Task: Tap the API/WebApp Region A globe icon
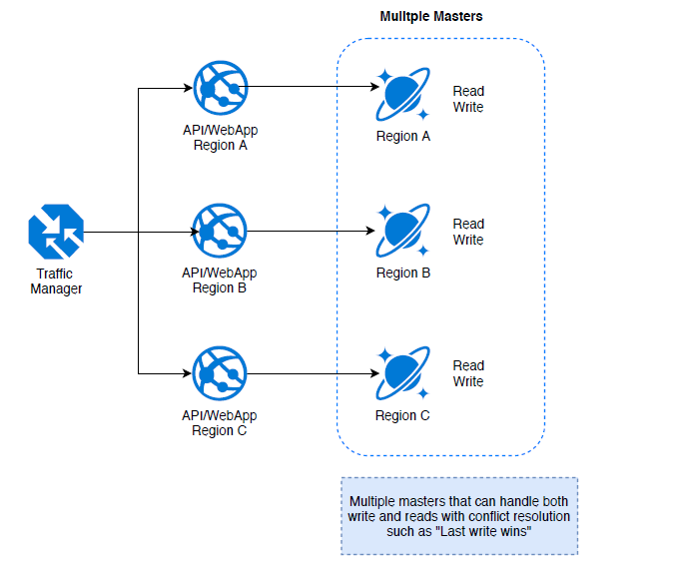(x=219, y=90)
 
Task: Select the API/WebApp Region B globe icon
(x=219, y=233)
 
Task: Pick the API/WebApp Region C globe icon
(x=219, y=374)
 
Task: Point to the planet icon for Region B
(x=403, y=233)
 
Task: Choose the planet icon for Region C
(x=403, y=374)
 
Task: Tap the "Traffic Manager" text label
(x=56, y=281)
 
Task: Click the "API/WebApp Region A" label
(x=219, y=137)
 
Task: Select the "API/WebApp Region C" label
(x=219, y=422)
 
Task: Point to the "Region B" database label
(x=402, y=273)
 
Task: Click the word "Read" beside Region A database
(x=468, y=91)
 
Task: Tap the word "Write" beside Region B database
(x=468, y=241)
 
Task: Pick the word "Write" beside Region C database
(x=468, y=382)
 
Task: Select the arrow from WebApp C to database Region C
(x=310, y=375)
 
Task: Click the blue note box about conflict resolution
(x=459, y=515)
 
